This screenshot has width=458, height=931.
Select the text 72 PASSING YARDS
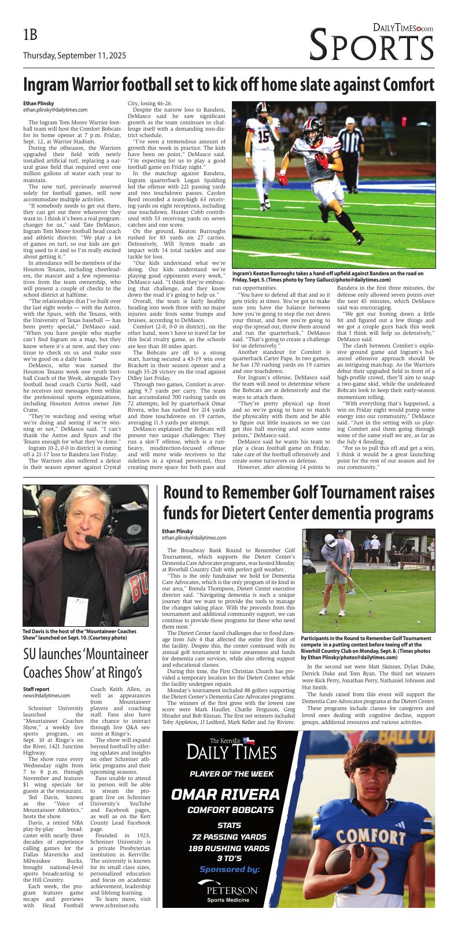point(230,837)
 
